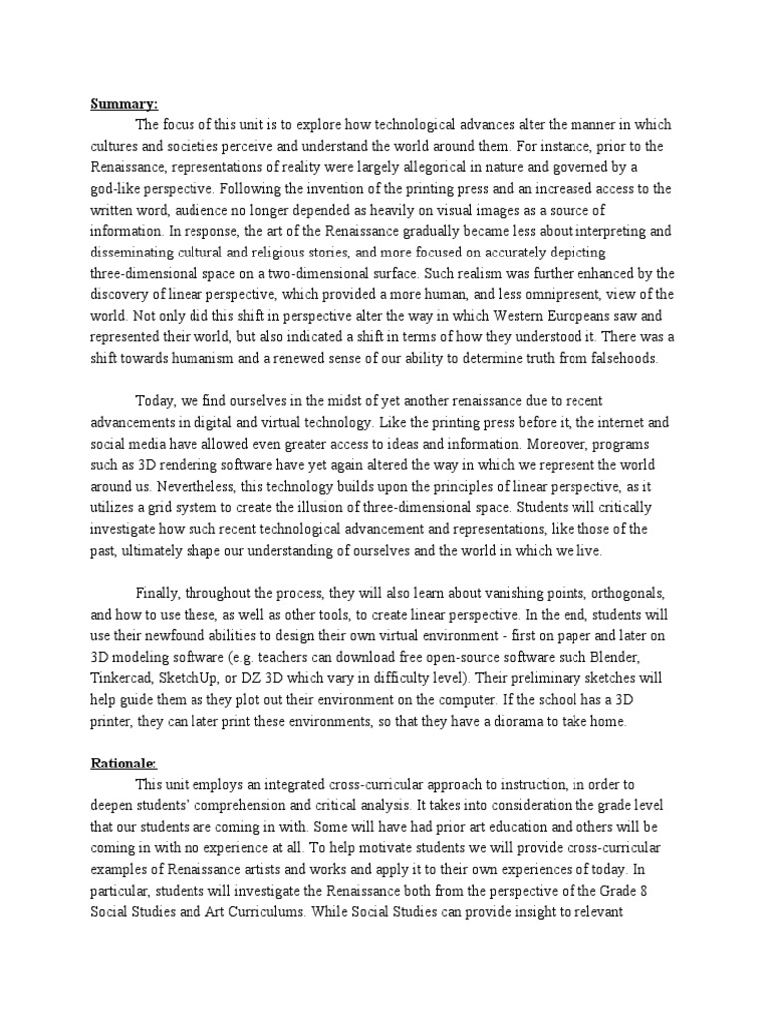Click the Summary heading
coord(125,103)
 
